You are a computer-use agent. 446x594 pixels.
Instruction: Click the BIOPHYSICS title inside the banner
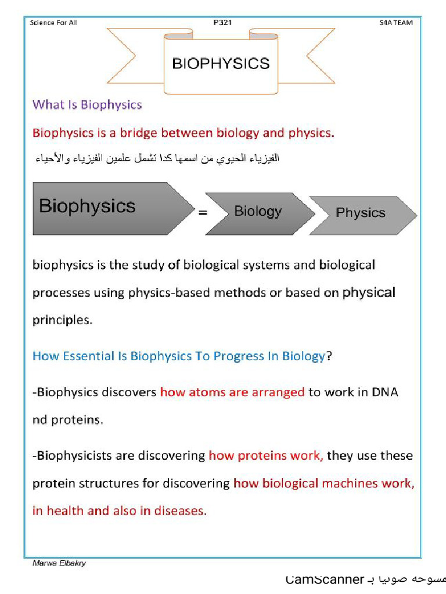point(221,63)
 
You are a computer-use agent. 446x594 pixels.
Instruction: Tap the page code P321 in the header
point(222,23)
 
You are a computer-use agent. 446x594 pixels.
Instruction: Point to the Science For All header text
point(53,23)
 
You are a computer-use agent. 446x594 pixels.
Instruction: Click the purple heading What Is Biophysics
point(87,105)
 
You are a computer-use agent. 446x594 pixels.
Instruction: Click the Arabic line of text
point(156,158)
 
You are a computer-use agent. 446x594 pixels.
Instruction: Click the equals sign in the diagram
point(203,213)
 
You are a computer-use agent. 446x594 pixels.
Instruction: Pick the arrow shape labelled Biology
point(258,212)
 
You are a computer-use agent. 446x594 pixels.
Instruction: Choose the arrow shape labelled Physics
point(361,213)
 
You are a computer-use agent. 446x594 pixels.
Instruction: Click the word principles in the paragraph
point(62,320)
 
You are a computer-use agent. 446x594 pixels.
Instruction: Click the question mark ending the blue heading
point(329,356)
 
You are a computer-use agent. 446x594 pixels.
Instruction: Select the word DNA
point(385,392)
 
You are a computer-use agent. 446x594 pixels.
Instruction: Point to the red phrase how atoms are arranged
point(232,392)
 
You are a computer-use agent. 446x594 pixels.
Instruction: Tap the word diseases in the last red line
point(182,512)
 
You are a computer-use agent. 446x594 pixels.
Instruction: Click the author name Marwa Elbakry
point(59,563)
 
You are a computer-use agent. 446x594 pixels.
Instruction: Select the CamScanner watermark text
point(325,579)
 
